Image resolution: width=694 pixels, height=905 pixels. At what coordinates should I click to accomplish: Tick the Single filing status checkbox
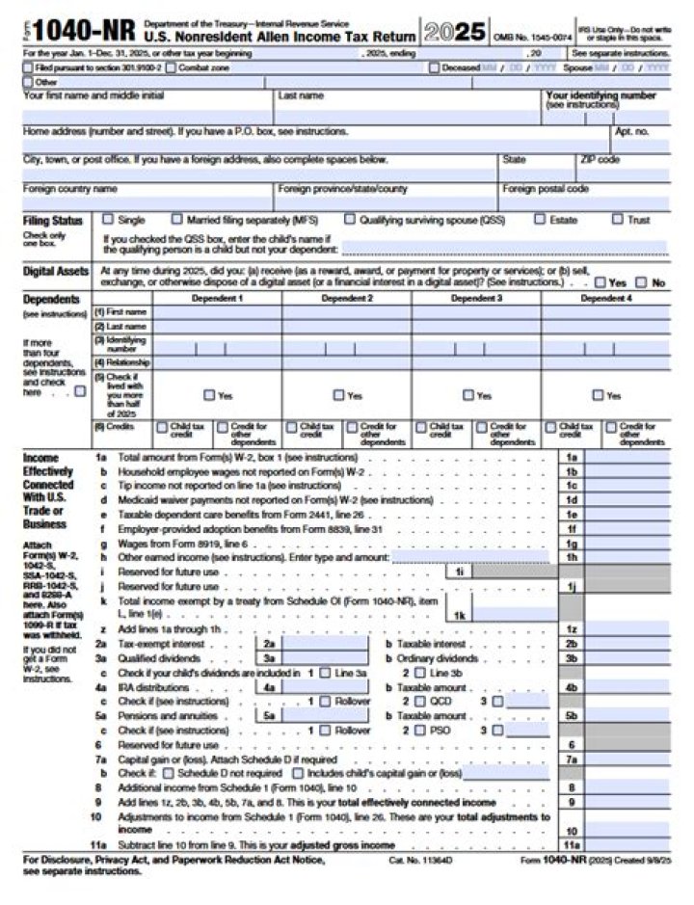(x=108, y=219)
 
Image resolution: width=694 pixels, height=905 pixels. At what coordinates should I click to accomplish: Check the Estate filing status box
(x=540, y=219)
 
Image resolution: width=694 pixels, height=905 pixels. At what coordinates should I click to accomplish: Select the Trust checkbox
(x=617, y=219)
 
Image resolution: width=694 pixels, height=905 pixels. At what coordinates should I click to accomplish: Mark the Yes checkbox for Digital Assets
(x=601, y=282)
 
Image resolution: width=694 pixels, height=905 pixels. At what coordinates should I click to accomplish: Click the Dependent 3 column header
(x=475, y=299)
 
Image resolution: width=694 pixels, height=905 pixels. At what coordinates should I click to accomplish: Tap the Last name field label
(x=301, y=96)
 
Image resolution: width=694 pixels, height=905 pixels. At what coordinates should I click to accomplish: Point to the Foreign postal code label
(x=545, y=189)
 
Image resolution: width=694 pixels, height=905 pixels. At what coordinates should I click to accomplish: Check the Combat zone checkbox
(x=171, y=68)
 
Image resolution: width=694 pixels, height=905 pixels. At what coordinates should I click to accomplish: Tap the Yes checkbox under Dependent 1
(x=208, y=395)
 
